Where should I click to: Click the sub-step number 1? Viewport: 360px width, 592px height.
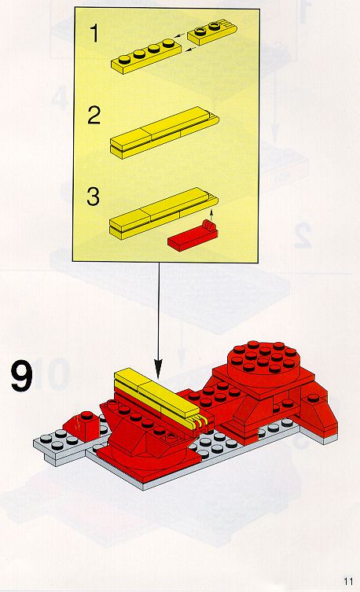tap(94, 33)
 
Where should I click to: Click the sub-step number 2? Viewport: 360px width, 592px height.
tap(94, 115)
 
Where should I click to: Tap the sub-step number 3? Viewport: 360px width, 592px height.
tap(94, 197)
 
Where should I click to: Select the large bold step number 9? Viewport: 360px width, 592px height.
tap(21, 376)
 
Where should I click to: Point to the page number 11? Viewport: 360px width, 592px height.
tap(348, 581)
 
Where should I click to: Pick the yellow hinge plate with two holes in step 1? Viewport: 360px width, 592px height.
tap(212, 33)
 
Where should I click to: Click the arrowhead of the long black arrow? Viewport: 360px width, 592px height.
tap(159, 369)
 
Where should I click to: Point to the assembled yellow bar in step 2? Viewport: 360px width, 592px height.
tap(164, 132)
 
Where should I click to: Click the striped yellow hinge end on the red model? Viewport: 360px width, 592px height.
tap(200, 423)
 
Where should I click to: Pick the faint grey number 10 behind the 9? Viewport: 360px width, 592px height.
tap(52, 375)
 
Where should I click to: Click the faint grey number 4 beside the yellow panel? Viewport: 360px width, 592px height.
tap(60, 97)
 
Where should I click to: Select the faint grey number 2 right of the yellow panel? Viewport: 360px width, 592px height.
tap(303, 235)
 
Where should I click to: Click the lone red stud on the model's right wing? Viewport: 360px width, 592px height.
tap(313, 398)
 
